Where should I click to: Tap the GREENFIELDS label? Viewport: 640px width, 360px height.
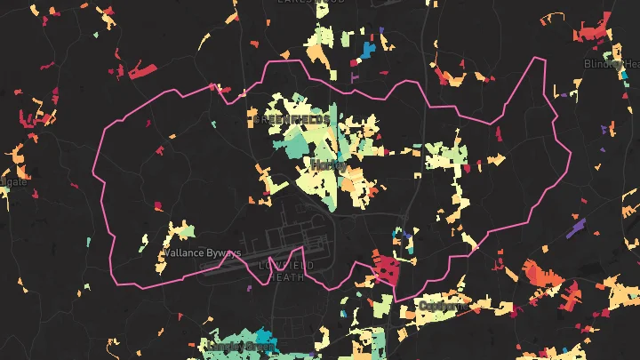(x=292, y=119)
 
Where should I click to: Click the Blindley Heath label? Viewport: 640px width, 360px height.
(x=612, y=64)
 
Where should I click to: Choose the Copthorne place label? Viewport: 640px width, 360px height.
(x=442, y=306)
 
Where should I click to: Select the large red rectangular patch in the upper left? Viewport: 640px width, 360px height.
(x=141, y=70)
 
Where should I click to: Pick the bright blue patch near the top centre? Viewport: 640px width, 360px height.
(x=366, y=50)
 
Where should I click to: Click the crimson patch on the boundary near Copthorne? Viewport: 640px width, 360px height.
(x=388, y=268)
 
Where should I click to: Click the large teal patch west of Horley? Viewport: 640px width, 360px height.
(x=294, y=140)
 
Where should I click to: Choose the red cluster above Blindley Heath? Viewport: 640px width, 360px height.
(x=590, y=34)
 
